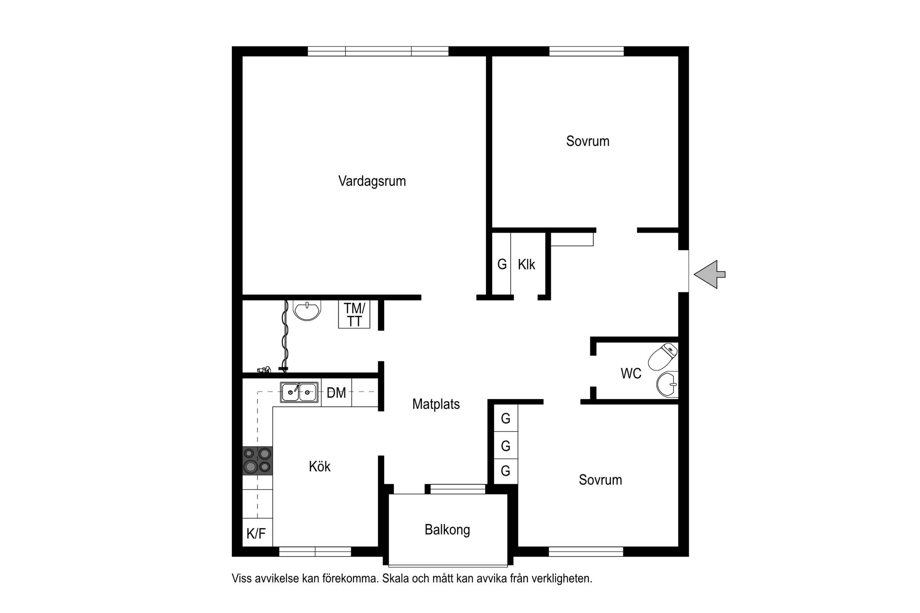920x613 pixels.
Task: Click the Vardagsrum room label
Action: pyautogui.click(x=372, y=181)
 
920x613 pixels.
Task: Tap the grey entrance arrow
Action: pyautogui.click(x=709, y=274)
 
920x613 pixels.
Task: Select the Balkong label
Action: pyautogui.click(x=447, y=530)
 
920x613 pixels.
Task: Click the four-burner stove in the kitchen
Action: pyautogui.click(x=257, y=461)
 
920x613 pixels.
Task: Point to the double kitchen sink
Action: pyautogui.click(x=299, y=392)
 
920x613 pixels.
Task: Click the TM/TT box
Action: pyautogui.click(x=354, y=315)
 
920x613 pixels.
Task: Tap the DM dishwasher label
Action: pyautogui.click(x=336, y=393)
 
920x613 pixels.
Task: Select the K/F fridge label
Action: pyautogui.click(x=256, y=534)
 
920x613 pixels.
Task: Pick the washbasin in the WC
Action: pyautogui.click(x=668, y=385)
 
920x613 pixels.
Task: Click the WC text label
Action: pyautogui.click(x=631, y=374)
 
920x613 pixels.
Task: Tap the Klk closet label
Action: pyautogui.click(x=526, y=265)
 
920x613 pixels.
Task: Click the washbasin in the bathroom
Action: pyautogui.click(x=307, y=310)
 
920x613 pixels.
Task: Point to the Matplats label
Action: pyautogui.click(x=436, y=404)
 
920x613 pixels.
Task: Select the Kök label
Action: pyautogui.click(x=319, y=467)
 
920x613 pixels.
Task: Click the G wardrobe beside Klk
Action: pyautogui.click(x=502, y=264)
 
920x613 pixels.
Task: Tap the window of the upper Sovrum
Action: pyautogui.click(x=587, y=51)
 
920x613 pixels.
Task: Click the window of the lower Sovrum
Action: pyautogui.click(x=586, y=551)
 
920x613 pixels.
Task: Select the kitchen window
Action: pyautogui.click(x=315, y=551)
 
